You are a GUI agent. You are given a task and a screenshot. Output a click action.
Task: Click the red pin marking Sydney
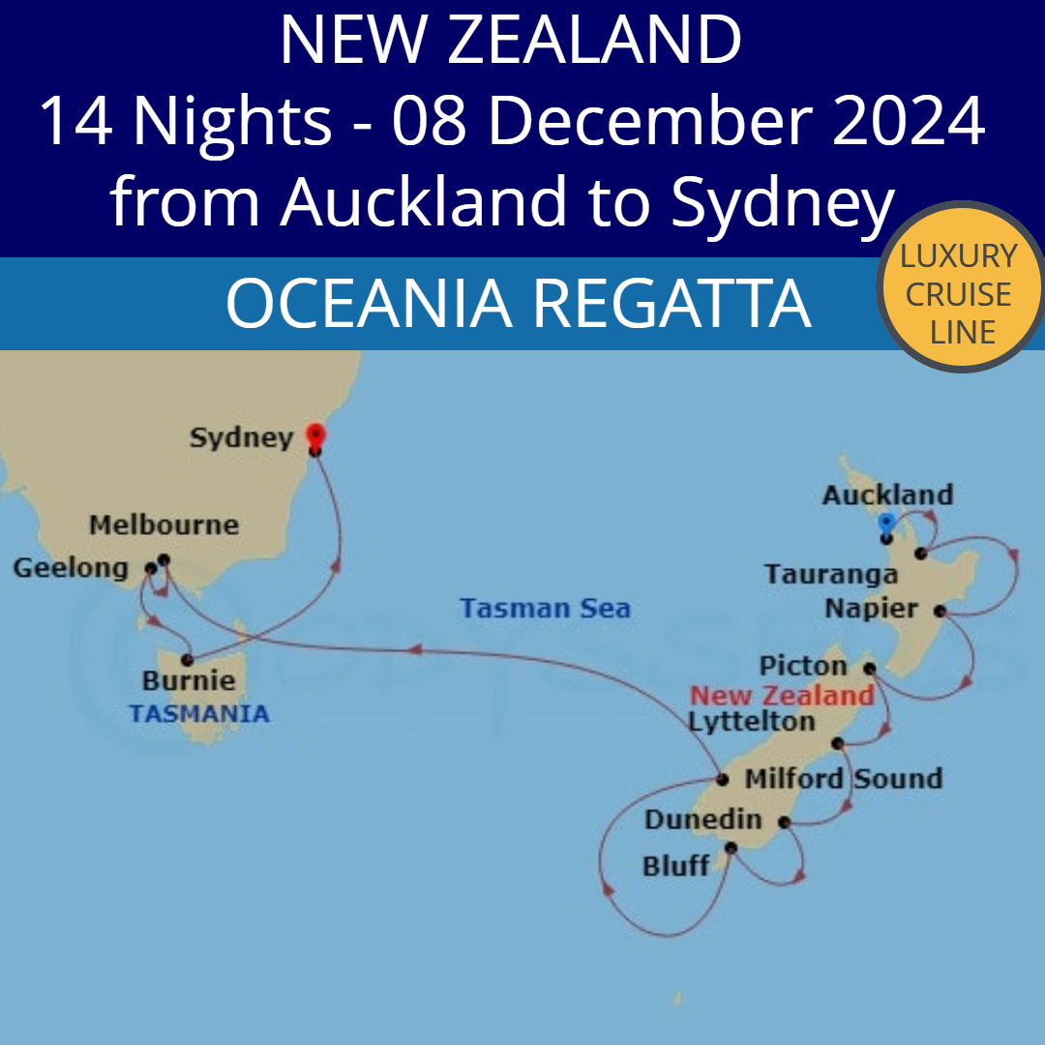314,435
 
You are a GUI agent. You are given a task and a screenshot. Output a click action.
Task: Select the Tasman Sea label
545,609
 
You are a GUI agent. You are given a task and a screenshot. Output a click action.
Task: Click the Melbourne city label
164,525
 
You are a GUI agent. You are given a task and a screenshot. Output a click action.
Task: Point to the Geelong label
70,568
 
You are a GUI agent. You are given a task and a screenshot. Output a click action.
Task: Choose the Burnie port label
189,680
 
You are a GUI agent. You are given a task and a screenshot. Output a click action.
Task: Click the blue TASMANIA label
199,714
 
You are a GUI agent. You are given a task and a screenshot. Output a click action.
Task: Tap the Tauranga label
831,574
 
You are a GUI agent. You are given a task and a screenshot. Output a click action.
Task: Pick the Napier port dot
940,611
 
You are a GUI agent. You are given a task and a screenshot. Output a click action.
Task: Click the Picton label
803,666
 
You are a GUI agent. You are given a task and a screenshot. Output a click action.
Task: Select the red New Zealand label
782,695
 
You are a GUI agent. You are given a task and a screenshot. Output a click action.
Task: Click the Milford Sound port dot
722,779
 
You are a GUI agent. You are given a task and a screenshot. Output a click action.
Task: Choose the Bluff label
675,865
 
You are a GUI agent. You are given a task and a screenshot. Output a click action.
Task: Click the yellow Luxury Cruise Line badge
961,293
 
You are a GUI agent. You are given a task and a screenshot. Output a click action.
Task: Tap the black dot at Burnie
187,660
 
